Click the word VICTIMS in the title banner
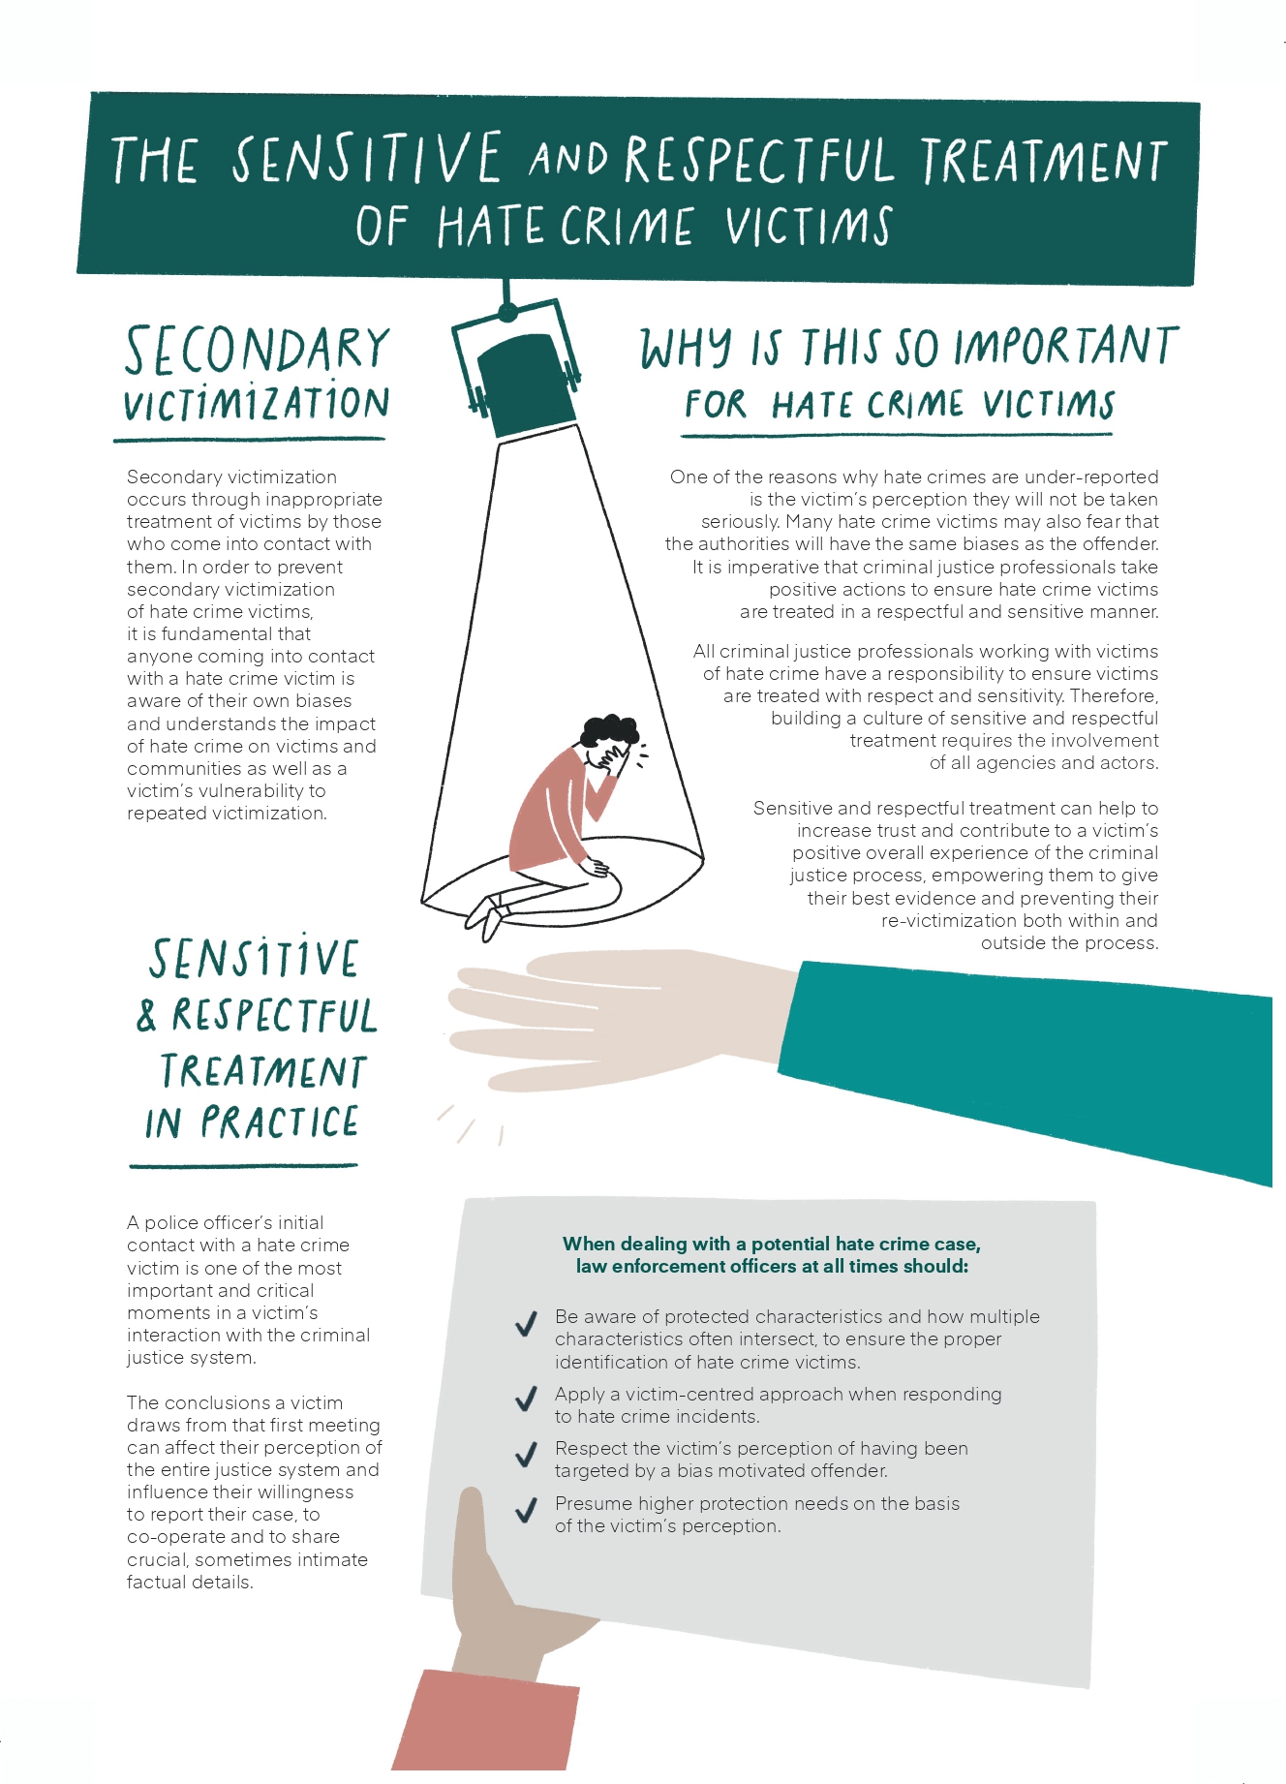[x=808, y=226]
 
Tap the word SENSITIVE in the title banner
[x=366, y=158]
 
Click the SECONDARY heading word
[x=257, y=350]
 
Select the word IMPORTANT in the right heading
[x=1065, y=347]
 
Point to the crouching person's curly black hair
[x=609, y=730]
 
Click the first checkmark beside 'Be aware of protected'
[x=526, y=1324]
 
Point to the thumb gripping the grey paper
[x=472, y=1530]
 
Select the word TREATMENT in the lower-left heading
[x=262, y=1071]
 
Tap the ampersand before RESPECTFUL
[x=147, y=1014]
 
